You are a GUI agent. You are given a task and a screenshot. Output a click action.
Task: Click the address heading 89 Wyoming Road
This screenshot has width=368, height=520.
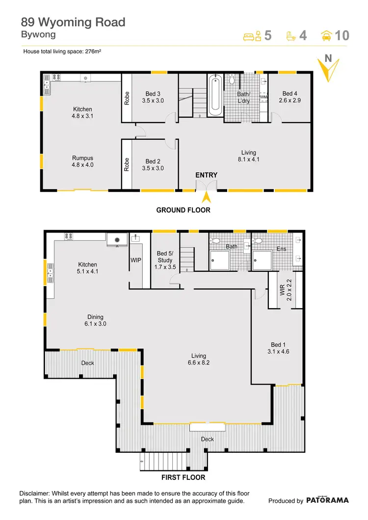[x=73, y=22]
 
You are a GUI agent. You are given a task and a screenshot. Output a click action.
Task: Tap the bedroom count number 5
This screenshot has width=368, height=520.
[x=267, y=35]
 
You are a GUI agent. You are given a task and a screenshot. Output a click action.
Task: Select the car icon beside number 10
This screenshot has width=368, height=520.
[x=325, y=35]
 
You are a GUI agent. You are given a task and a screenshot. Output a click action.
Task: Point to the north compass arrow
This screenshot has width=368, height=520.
[x=327, y=69]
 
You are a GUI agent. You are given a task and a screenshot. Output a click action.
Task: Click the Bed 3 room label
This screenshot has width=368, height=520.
[x=153, y=94]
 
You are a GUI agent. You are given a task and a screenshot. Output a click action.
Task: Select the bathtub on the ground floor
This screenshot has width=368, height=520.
[x=215, y=95]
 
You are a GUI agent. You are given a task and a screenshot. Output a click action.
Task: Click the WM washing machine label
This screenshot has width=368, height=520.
[x=263, y=97]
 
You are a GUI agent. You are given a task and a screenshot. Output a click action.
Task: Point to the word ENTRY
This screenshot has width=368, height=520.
[x=207, y=175]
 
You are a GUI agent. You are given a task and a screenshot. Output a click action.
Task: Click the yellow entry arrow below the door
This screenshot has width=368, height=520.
[x=207, y=197]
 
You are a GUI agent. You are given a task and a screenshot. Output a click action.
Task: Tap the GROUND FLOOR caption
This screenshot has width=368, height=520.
[x=183, y=210]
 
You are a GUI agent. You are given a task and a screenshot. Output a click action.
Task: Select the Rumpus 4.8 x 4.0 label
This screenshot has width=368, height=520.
[x=82, y=162]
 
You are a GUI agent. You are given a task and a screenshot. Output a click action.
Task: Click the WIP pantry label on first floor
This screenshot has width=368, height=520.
[x=136, y=260]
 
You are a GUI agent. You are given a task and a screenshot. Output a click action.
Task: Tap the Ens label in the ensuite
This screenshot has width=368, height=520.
[x=281, y=249]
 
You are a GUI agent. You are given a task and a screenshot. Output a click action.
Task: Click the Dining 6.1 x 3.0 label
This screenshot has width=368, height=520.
[x=96, y=321]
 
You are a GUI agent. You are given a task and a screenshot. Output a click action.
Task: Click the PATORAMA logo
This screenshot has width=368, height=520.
[x=328, y=500]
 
